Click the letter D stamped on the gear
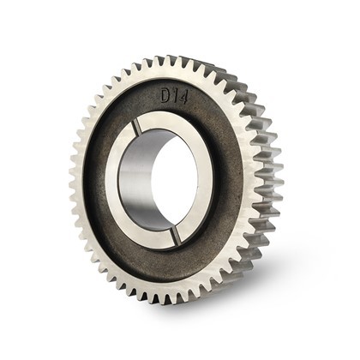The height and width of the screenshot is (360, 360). pos(166,96)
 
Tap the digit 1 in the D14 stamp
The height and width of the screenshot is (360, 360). pos(176,97)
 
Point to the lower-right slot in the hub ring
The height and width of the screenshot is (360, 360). pos(177,235)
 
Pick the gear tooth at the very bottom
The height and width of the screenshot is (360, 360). pos(171,300)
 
